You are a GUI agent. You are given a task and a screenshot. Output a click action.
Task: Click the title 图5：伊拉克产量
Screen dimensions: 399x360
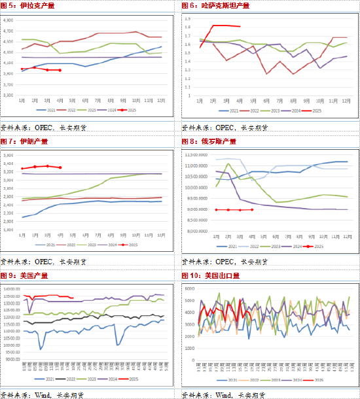29,5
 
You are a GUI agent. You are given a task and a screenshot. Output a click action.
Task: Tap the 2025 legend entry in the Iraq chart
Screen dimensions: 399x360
130,111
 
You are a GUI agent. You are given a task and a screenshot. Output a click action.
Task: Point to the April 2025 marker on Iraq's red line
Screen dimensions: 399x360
60,70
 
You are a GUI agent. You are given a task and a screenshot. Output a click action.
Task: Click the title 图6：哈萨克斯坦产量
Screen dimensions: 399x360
216,5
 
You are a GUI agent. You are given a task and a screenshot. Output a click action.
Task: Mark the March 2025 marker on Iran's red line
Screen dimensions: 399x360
48,166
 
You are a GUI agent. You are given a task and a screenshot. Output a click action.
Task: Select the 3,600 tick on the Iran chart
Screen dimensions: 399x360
10,155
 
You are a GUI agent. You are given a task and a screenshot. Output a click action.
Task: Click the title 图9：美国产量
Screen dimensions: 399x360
25,275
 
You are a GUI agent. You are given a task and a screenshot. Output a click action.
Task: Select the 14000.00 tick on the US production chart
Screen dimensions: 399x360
11,289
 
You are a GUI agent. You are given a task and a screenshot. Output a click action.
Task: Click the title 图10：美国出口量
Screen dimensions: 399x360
211,275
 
